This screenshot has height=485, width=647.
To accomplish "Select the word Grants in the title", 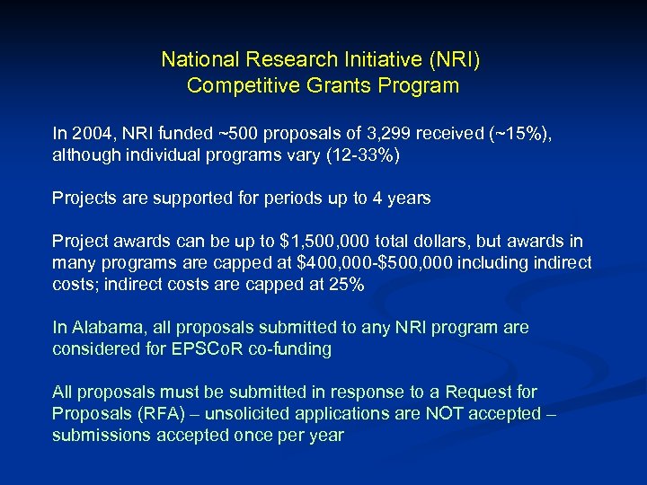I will (x=340, y=86).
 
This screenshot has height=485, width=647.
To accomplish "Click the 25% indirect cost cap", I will (x=347, y=284).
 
